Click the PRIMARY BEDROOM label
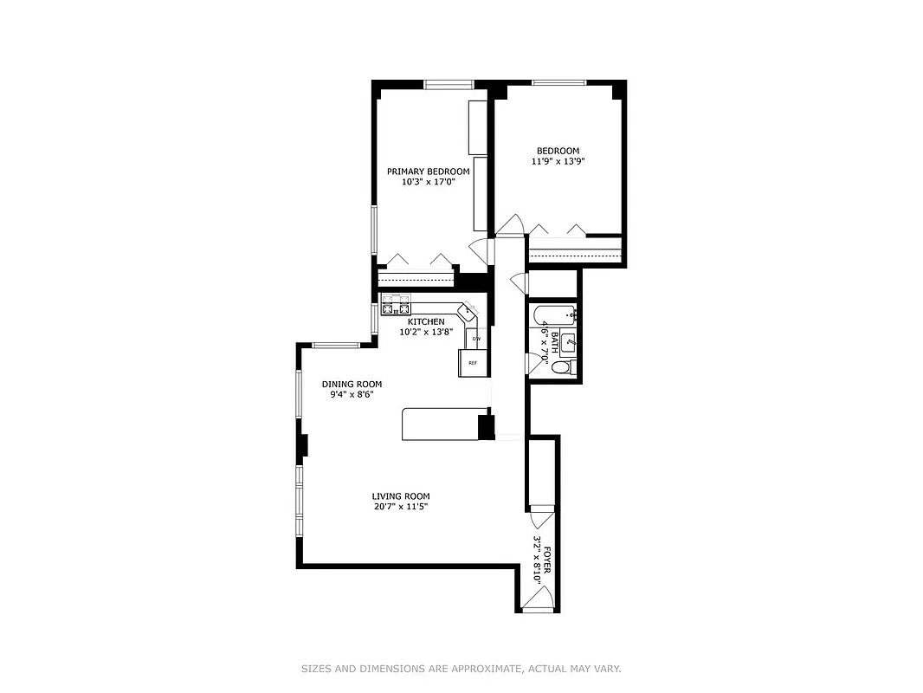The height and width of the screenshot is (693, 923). [428, 172]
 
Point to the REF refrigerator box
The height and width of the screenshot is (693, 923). [473, 362]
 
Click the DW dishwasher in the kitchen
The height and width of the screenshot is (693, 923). [476, 338]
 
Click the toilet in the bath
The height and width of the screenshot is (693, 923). [561, 368]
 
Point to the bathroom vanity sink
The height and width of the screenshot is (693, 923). [569, 344]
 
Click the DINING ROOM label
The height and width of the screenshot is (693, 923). [352, 385]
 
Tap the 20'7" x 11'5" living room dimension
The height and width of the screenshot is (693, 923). [400, 507]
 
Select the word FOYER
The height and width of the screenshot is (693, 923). [547, 556]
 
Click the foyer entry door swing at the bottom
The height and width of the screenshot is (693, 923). [537, 597]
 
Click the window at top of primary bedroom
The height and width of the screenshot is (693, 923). [449, 84]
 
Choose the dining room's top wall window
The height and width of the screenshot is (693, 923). [335, 346]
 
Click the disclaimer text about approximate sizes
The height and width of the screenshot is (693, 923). [461, 669]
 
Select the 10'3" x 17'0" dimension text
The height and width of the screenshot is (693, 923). [428, 183]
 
